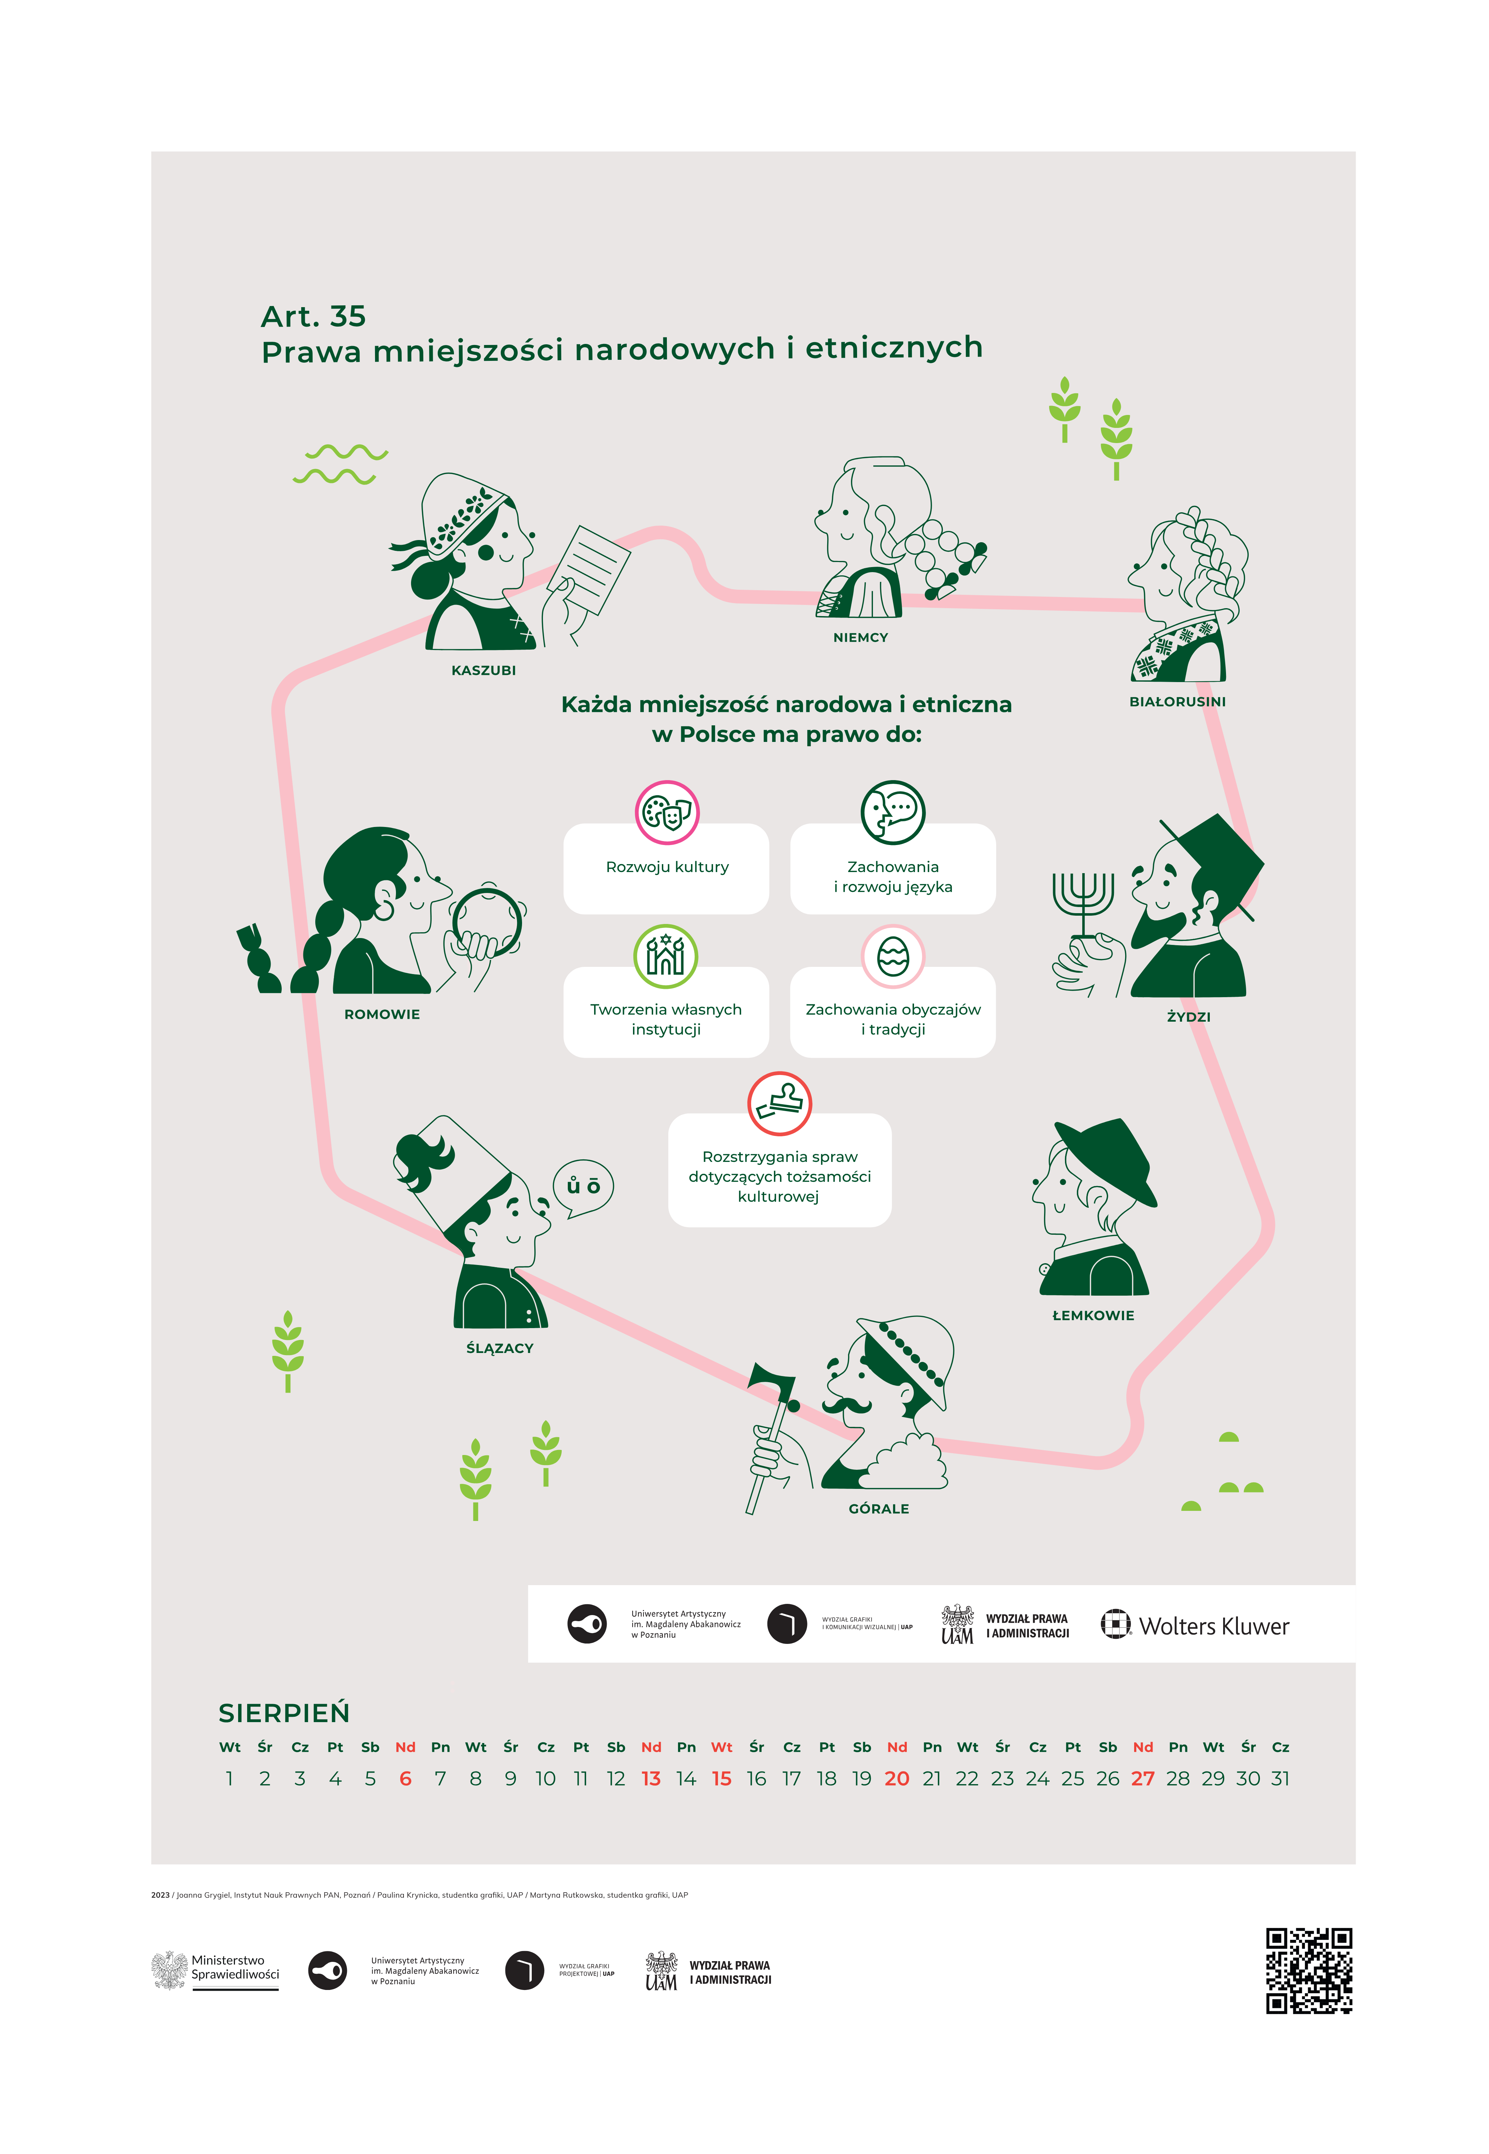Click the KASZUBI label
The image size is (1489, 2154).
tap(483, 670)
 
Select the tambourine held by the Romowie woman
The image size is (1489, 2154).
tap(485, 922)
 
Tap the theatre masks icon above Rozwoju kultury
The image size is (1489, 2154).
tap(667, 812)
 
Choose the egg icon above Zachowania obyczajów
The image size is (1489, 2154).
tap(893, 956)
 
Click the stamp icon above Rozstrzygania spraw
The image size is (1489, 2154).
tap(780, 1103)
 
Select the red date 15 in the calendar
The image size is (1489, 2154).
tap(721, 1779)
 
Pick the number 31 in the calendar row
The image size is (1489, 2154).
tap(1280, 1779)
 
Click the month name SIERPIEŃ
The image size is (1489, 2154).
tap(284, 1712)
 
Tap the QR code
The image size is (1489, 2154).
tap(1309, 1970)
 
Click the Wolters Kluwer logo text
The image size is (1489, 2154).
tap(1214, 1627)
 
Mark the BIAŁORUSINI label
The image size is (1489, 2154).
tap(1177, 702)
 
